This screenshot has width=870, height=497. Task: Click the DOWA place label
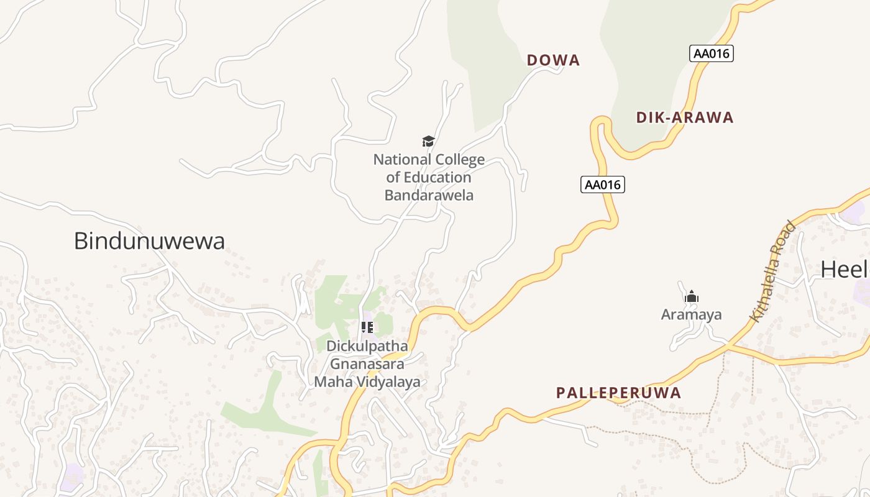(x=553, y=60)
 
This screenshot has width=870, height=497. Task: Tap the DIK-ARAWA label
(x=685, y=117)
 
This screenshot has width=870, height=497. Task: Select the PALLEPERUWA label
(x=618, y=393)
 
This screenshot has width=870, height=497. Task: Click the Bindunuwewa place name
(x=149, y=241)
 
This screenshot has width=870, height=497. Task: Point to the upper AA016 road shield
(x=712, y=53)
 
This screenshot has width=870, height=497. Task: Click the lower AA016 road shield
(x=602, y=185)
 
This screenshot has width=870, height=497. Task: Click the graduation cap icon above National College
(x=428, y=142)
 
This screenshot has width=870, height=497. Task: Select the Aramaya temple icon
(x=692, y=297)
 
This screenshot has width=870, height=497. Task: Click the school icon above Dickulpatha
(x=367, y=327)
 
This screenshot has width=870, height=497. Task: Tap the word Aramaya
(x=692, y=314)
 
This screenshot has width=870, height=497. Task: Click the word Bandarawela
(x=429, y=195)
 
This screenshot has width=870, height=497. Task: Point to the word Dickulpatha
(x=367, y=346)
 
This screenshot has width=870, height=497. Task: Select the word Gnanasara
(x=367, y=364)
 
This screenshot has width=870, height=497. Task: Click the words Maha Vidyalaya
(x=367, y=382)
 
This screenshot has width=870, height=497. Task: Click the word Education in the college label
(x=437, y=178)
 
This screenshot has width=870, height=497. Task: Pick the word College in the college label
(x=459, y=160)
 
